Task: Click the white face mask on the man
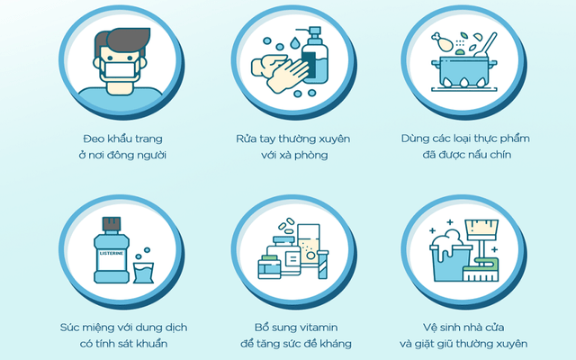click(120, 70)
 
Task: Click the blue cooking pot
click(464, 72)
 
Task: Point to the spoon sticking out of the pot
click(486, 45)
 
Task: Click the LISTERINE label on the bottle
click(112, 254)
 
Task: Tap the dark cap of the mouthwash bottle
click(112, 224)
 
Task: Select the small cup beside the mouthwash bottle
click(143, 273)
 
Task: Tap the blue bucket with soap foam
click(451, 259)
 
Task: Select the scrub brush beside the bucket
click(481, 270)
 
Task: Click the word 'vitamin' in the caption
click(316, 328)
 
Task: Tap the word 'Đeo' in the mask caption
click(94, 139)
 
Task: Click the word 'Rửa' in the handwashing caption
click(246, 139)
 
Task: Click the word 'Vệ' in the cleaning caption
click(429, 327)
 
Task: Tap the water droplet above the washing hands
click(294, 43)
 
